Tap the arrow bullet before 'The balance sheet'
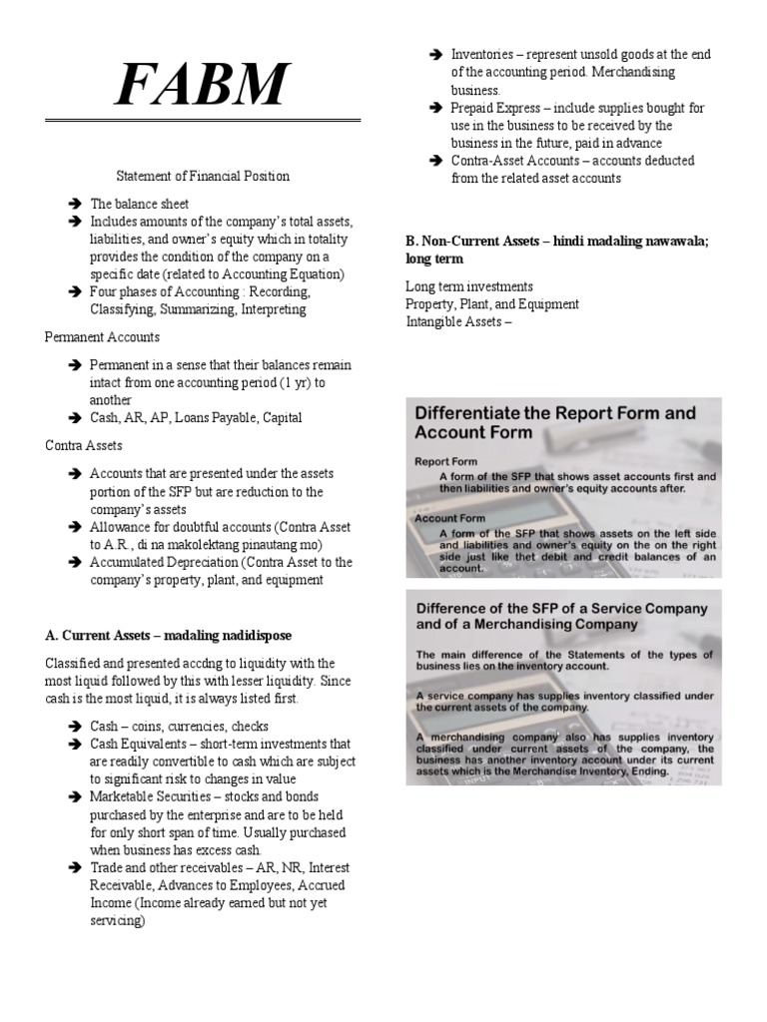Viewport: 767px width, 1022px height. coord(75,204)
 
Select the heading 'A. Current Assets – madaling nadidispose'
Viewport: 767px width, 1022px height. coord(168,635)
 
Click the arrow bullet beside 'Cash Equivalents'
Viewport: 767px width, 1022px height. coord(75,745)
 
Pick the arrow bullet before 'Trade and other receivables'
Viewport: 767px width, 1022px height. coord(75,868)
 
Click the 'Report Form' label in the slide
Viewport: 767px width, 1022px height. coord(446,462)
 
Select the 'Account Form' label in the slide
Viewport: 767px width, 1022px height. coord(451,519)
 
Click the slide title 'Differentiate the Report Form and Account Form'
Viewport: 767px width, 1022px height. coord(554,422)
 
